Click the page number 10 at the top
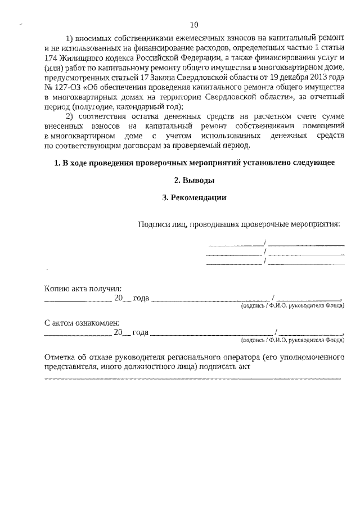click(x=194, y=25)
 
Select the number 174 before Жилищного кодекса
click(x=52, y=58)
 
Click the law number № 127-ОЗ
click(x=63, y=88)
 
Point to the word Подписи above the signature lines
click(x=152, y=224)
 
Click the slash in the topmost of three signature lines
click(x=266, y=244)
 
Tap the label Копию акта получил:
click(x=83, y=288)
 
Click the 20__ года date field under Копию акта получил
click(x=131, y=298)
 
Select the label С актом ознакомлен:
click(x=82, y=323)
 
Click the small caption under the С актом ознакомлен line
click(x=292, y=340)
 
